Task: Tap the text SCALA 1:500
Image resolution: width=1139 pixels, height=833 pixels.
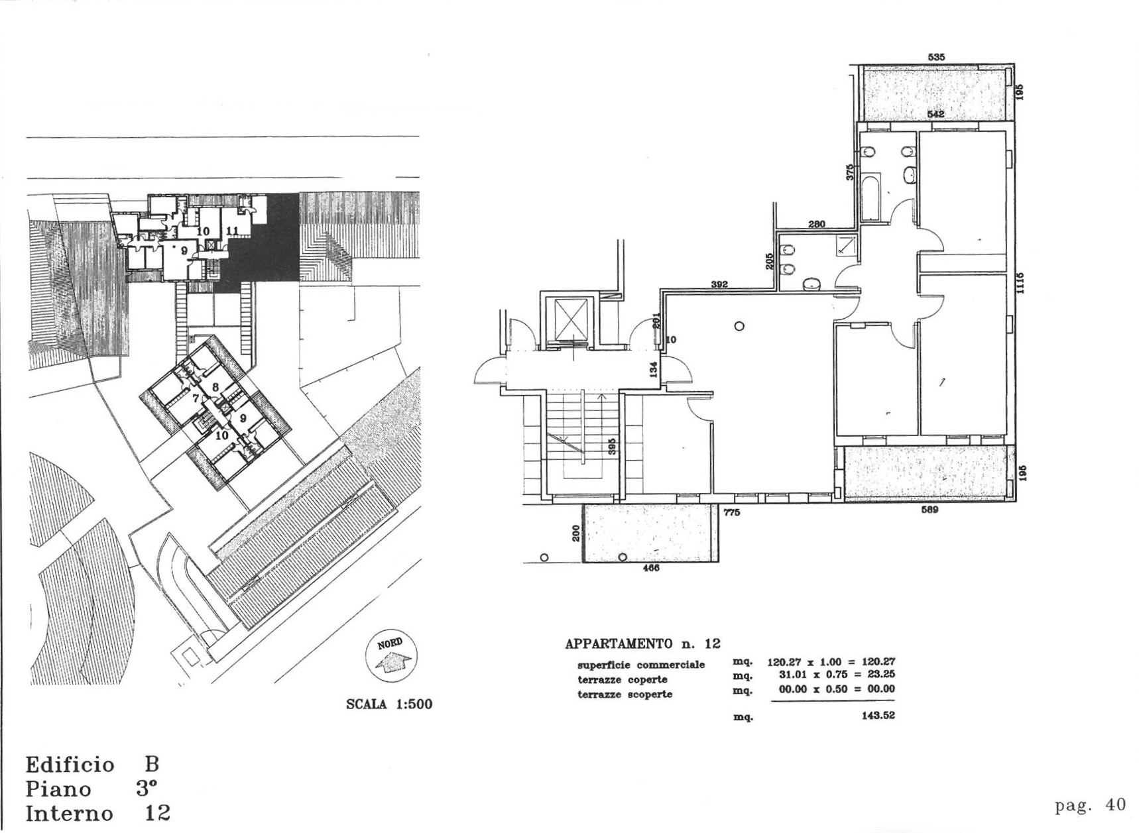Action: click(x=389, y=704)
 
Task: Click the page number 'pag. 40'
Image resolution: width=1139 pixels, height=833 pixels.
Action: click(x=1090, y=805)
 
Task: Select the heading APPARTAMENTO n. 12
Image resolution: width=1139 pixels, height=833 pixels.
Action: click(x=642, y=643)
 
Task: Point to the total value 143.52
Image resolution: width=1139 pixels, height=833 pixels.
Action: click(x=878, y=716)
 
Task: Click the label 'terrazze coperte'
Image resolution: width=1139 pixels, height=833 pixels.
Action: click(x=622, y=680)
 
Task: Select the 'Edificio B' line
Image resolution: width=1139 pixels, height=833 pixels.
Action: click(x=92, y=765)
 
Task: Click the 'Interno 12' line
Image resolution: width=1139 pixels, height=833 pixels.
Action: click(x=97, y=813)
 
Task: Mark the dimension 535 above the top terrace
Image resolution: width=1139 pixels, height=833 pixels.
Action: click(x=936, y=58)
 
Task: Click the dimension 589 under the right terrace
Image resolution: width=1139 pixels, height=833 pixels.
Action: click(x=929, y=510)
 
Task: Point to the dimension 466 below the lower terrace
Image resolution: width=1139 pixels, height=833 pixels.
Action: click(x=651, y=568)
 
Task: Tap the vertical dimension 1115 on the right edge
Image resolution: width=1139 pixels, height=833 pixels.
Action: click(x=1020, y=284)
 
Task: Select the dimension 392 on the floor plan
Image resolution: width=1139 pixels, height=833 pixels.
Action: click(x=719, y=284)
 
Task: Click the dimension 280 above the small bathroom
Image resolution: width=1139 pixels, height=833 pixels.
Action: click(x=817, y=224)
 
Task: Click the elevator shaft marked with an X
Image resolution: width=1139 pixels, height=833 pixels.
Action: click(x=571, y=319)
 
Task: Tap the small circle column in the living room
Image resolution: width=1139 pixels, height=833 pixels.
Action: click(x=739, y=325)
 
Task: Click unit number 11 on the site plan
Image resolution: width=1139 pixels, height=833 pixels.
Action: click(x=233, y=230)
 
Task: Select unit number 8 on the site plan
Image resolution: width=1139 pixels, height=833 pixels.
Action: click(x=215, y=387)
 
